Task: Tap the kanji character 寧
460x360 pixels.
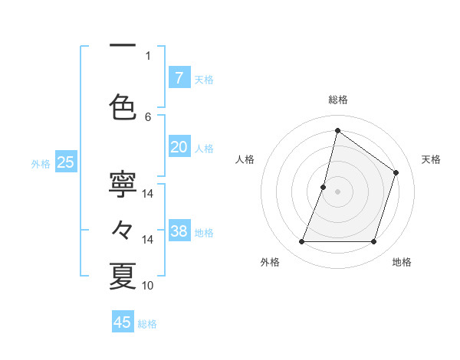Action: [123, 184]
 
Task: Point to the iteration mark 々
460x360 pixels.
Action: [123, 229]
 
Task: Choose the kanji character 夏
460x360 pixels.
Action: [123, 276]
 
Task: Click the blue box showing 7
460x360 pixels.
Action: [179, 77]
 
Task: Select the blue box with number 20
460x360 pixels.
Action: [179, 147]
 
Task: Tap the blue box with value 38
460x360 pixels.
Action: [179, 231]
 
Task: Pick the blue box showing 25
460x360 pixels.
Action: [66, 162]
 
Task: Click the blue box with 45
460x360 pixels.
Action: [123, 322]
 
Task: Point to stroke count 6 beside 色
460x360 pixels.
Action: [148, 116]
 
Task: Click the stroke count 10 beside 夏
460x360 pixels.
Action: [148, 286]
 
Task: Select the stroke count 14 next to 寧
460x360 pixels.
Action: [148, 194]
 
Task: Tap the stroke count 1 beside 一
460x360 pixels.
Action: [148, 55]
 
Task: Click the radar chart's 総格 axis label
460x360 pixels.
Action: [337, 100]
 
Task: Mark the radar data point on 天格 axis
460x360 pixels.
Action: [396, 172]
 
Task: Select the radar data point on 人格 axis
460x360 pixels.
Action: [324, 187]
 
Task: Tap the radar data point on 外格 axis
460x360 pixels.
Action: [301, 242]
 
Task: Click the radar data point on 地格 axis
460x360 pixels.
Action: [373, 242]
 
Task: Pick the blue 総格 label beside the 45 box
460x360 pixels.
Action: [147, 324]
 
